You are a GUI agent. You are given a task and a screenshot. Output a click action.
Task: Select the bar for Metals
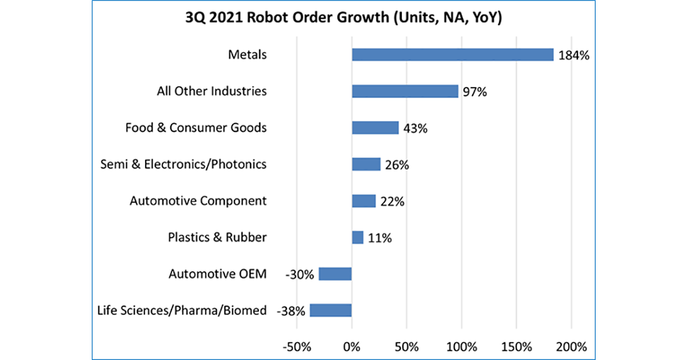(452, 55)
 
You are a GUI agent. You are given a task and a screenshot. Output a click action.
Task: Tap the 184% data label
(574, 56)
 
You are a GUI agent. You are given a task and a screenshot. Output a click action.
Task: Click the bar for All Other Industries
(405, 92)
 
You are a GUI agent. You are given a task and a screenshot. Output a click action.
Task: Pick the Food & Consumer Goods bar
(375, 128)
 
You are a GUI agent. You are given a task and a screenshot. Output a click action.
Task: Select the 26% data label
(397, 165)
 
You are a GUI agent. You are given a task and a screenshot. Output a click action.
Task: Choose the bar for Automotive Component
(363, 201)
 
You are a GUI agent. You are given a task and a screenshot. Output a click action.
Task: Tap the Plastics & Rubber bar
(358, 237)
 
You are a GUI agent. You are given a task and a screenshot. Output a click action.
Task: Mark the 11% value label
(380, 238)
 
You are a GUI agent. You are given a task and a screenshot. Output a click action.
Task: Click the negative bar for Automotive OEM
(335, 274)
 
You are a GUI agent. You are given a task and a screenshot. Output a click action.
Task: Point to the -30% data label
(300, 275)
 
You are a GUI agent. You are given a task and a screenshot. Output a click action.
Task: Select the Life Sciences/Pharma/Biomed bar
(331, 311)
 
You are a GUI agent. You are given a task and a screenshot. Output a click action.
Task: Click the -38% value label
(291, 311)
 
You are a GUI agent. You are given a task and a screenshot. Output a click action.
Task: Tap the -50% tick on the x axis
(296, 346)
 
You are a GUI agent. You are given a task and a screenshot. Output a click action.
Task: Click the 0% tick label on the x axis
(351, 346)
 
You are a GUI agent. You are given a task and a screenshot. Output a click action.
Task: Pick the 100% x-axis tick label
(461, 346)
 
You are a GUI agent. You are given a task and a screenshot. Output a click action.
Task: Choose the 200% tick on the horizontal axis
(571, 346)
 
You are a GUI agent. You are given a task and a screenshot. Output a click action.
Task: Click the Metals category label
(247, 55)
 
